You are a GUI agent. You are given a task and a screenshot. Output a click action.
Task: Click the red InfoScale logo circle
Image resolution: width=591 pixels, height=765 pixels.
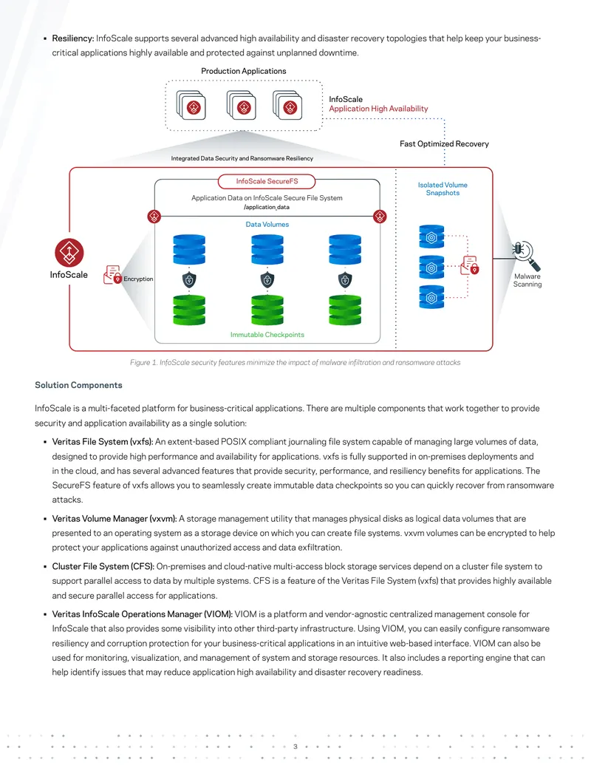[x=69, y=253]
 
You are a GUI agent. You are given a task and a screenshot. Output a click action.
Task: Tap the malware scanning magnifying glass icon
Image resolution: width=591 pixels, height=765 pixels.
[x=526, y=256]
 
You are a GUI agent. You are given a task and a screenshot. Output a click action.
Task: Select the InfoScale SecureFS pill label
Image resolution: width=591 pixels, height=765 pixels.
[x=267, y=182]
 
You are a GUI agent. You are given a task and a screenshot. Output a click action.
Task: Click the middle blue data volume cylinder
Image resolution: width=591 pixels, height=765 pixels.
[x=267, y=249]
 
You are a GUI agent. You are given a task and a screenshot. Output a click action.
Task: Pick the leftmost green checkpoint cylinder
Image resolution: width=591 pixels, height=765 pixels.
[x=189, y=310]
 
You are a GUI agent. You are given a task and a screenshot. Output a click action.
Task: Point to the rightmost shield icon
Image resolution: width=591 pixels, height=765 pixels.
[x=345, y=280]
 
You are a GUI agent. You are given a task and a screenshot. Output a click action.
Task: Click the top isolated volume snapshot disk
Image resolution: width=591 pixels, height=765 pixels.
[x=431, y=237]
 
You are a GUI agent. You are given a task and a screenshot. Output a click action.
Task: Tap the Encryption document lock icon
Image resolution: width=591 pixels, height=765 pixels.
[x=112, y=275]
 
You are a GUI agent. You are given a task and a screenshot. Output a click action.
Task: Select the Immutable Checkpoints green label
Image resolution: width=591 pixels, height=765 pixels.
[x=267, y=335]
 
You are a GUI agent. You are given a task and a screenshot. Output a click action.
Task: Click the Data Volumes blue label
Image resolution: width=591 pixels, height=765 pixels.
[x=267, y=225]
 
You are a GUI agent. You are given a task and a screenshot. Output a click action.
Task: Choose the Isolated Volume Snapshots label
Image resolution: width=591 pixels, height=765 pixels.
[x=443, y=188]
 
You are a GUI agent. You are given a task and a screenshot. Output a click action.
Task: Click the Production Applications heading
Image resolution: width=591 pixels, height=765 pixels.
[x=243, y=71]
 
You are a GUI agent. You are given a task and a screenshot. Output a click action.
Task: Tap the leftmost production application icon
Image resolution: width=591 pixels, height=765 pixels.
[x=191, y=106]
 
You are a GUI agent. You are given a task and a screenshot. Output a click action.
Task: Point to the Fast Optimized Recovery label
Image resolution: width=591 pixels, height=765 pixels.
[x=444, y=144]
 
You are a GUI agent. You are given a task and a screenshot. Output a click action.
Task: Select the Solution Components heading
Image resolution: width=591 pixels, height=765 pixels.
[x=78, y=385]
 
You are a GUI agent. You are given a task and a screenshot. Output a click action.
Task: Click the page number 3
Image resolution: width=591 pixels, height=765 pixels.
[x=295, y=747]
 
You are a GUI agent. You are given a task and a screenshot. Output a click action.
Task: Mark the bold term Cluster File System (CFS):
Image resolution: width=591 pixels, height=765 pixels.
[x=103, y=566]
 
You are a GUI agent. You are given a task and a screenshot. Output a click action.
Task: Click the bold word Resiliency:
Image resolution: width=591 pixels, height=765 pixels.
[x=73, y=38]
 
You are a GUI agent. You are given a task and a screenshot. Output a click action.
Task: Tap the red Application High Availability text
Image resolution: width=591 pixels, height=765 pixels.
[x=378, y=109]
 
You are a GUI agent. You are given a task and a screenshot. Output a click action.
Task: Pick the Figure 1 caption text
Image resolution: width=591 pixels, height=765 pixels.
[x=295, y=362]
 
